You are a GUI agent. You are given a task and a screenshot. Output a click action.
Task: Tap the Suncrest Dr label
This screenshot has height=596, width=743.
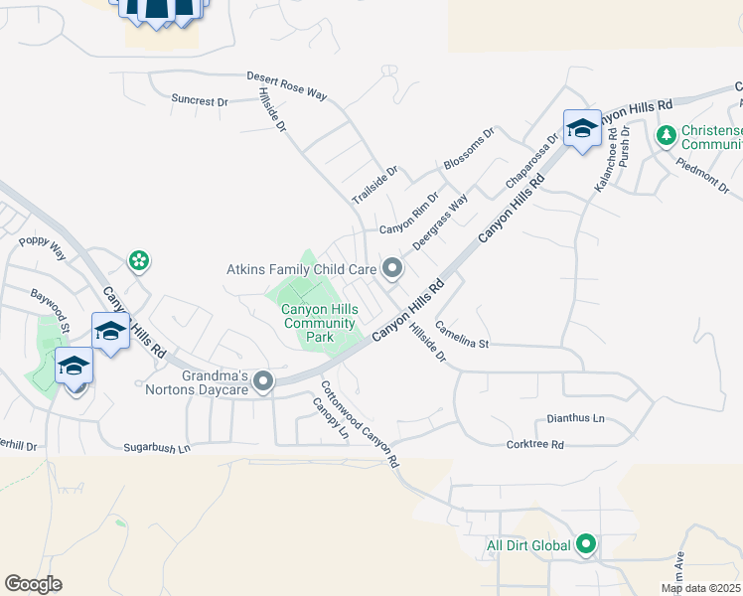click(x=200, y=100)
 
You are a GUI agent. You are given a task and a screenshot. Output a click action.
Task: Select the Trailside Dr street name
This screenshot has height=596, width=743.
click(x=375, y=186)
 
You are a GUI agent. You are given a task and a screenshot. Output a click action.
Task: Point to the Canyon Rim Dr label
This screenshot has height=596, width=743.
click(x=409, y=219)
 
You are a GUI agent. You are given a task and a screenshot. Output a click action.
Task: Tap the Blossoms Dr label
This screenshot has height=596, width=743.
click(x=469, y=148)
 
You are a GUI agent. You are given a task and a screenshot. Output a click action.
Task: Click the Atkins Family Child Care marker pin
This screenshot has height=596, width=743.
click(x=392, y=269)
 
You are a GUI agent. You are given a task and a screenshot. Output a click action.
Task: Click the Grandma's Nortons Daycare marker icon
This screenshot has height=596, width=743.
click(x=263, y=381)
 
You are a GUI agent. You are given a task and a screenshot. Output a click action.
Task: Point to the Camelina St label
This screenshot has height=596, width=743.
click(x=462, y=338)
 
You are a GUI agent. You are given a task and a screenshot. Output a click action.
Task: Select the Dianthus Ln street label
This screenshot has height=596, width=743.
click(x=576, y=419)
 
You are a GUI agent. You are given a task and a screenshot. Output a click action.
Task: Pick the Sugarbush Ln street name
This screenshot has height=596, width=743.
click(x=157, y=449)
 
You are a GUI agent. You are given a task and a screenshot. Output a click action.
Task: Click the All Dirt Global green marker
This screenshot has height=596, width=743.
click(x=586, y=544)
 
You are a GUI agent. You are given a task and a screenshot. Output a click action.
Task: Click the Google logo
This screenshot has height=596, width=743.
click(x=33, y=583)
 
